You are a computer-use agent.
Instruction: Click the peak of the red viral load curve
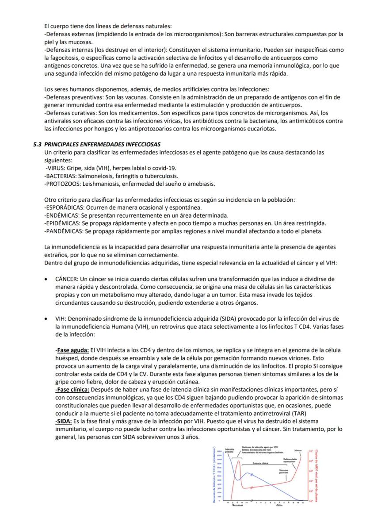tap(239, 460)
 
